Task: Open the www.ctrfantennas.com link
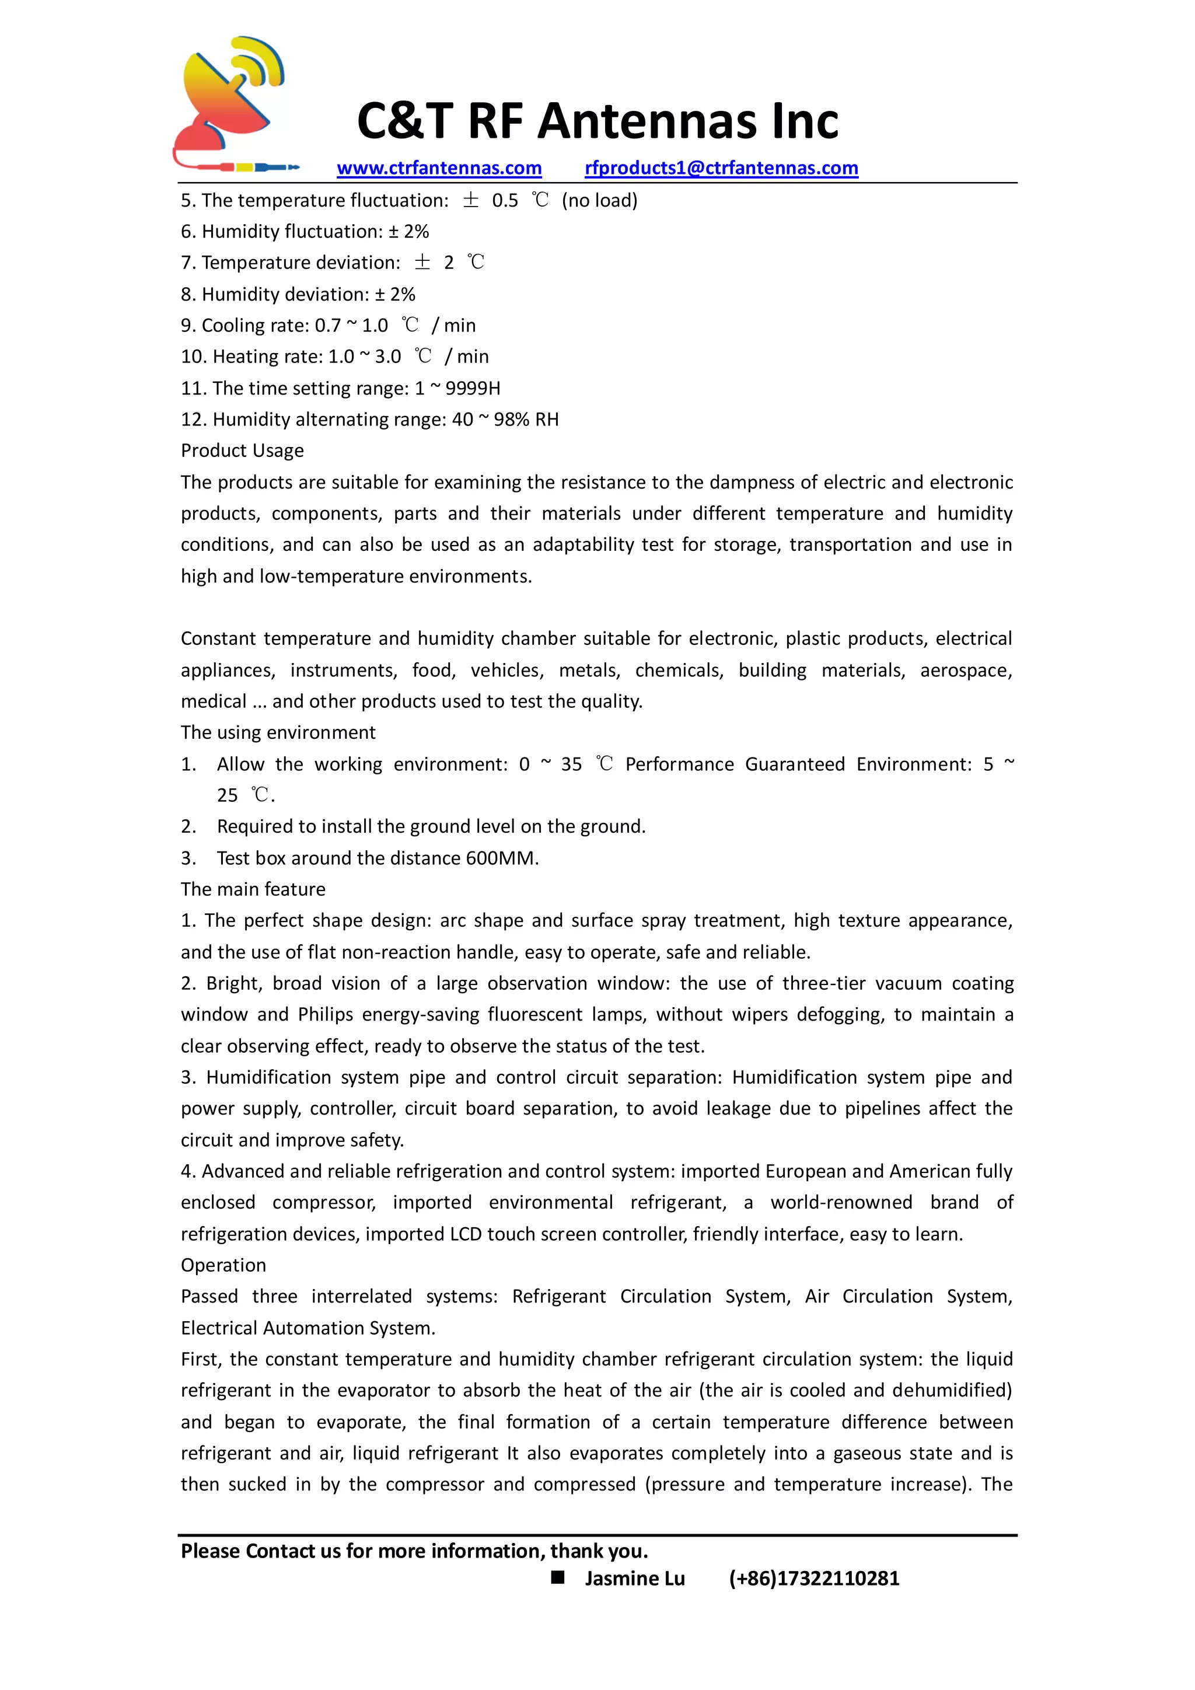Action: [x=439, y=168]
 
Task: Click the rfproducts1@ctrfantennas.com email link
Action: [x=721, y=168]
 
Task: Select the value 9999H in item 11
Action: [x=473, y=388]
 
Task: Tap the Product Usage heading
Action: [x=242, y=451]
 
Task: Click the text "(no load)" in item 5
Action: [x=600, y=200]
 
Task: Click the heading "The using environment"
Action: [x=278, y=732]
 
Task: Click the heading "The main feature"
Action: [x=253, y=889]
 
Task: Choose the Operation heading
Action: [x=223, y=1265]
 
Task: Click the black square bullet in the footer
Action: [x=558, y=1577]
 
